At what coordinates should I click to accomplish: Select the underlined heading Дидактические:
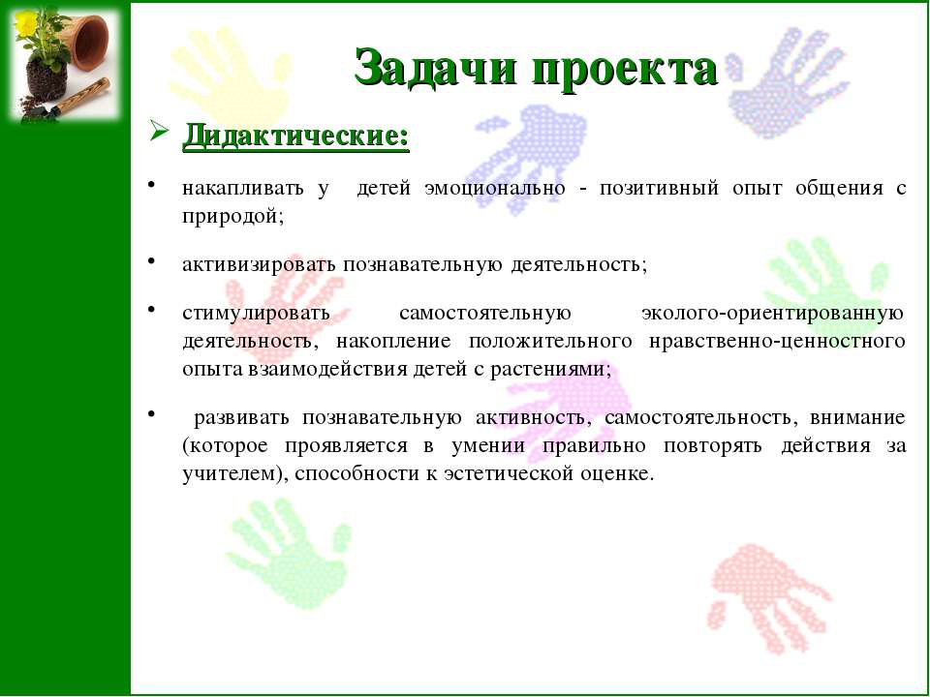296,136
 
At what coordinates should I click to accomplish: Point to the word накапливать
242,189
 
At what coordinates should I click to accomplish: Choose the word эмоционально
495,189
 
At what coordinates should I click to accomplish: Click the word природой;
233,217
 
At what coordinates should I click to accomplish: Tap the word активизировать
260,264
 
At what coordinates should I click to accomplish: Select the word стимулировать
256,313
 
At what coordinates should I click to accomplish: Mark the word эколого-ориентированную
773,313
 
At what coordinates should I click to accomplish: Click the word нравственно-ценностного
777,342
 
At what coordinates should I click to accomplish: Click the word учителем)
234,474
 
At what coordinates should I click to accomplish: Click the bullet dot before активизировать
151,259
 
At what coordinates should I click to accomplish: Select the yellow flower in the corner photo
25,22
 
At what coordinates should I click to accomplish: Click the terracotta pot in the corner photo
89,42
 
